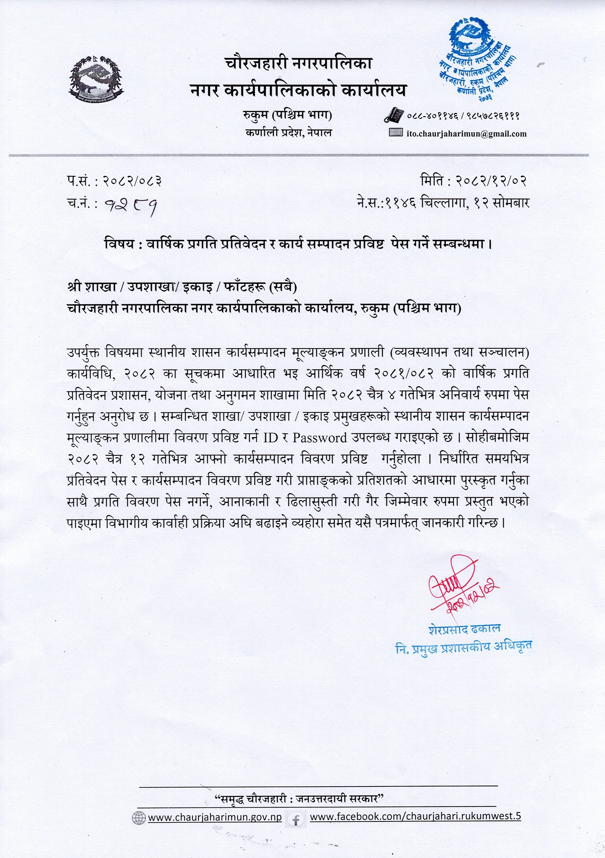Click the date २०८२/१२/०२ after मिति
pos(491,182)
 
